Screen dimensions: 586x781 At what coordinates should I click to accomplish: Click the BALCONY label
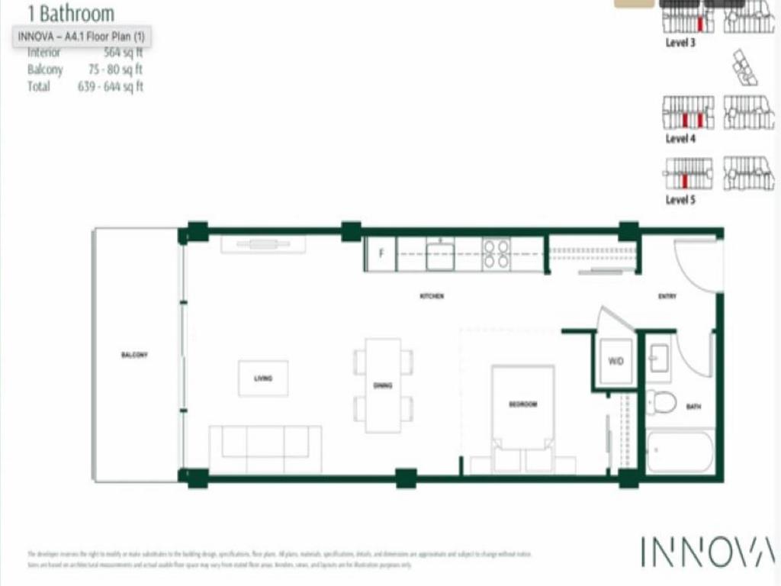pos(133,356)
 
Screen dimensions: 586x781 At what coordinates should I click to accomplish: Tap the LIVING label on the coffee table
pos(263,378)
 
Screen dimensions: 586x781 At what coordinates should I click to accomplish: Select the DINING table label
pos(383,385)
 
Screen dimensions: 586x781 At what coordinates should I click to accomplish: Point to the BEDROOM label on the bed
pos(523,404)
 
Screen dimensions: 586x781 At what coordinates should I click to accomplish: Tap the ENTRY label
pos(667,296)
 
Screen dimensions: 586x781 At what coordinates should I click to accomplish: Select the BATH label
pos(693,407)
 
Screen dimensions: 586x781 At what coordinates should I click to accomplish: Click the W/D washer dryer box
pos(615,362)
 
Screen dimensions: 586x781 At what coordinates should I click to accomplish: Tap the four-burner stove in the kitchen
pos(496,254)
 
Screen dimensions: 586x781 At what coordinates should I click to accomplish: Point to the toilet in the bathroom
pos(660,401)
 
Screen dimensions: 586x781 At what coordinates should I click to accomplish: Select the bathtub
pos(679,452)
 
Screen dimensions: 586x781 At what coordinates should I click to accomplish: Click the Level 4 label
pos(680,139)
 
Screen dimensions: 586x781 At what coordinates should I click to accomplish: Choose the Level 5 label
pos(680,200)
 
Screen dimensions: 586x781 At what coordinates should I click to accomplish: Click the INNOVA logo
pos(707,552)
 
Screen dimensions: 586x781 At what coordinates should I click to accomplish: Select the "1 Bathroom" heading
pos(70,13)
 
